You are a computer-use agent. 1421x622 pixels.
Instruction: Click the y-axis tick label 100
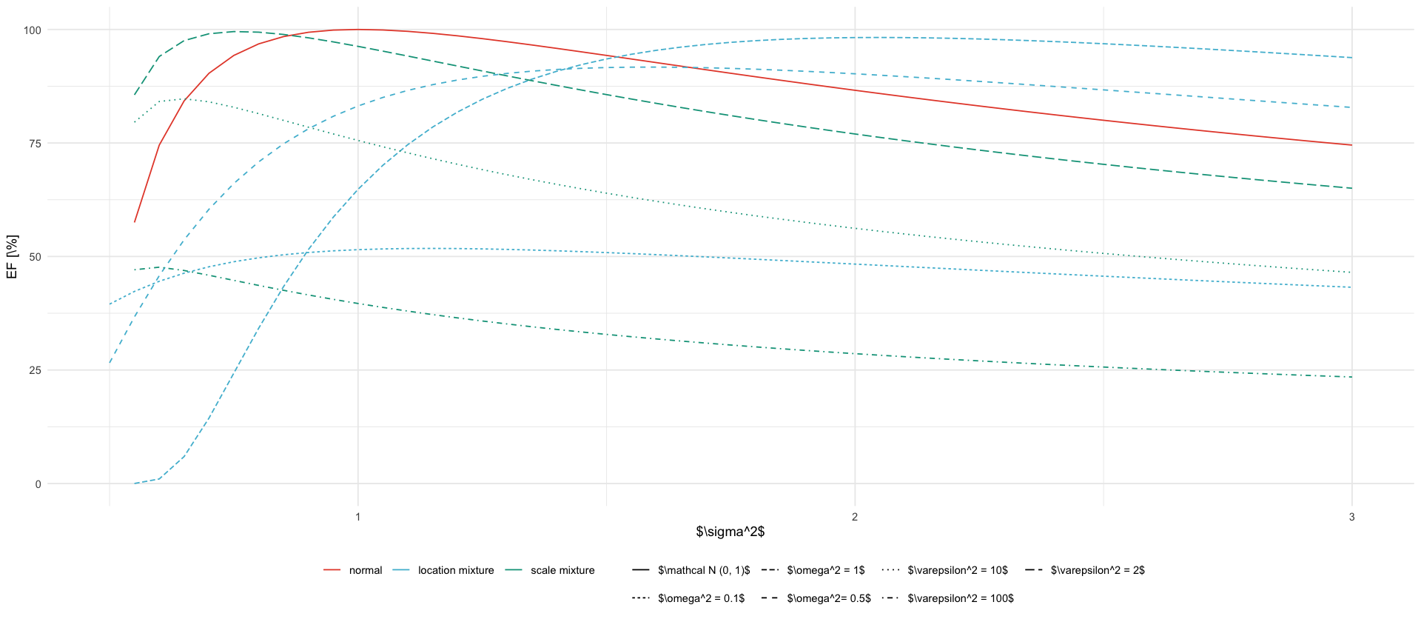click(x=33, y=30)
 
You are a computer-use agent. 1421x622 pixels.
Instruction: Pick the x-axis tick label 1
click(x=358, y=517)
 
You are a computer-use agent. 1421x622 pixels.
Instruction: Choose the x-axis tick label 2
click(x=855, y=517)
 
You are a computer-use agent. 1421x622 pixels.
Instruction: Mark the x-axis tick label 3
click(x=1351, y=517)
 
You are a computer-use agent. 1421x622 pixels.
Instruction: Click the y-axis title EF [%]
click(x=12, y=257)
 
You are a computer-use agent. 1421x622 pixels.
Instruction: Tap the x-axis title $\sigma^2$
click(x=730, y=532)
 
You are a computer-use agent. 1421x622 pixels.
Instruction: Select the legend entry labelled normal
click(x=366, y=570)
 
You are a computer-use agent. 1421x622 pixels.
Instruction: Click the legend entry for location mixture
click(x=456, y=570)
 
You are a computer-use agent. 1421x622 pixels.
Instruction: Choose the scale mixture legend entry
click(x=562, y=570)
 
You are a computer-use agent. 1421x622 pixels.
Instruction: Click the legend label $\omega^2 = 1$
click(x=826, y=570)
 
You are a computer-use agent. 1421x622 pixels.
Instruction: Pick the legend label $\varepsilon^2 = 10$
click(x=958, y=570)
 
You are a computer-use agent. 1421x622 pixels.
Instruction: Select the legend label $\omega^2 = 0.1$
click(x=701, y=598)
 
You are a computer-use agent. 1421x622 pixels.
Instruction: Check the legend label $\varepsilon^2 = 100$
click(x=961, y=598)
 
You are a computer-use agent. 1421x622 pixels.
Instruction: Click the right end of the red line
click(x=1351, y=145)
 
